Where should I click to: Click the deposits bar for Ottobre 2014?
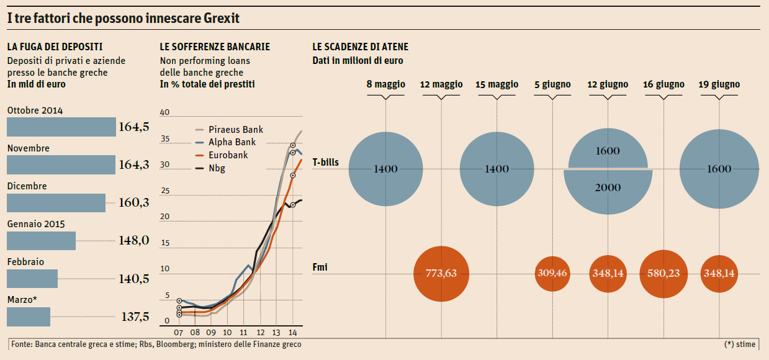[x=61, y=127]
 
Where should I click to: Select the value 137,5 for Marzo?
[x=135, y=317]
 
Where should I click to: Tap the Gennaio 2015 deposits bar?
[x=41, y=241]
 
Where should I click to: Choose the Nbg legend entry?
[x=217, y=168]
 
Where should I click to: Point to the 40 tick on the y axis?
[x=164, y=113]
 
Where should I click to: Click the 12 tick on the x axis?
[x=260, y=332]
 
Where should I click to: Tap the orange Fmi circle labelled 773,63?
[x=441, y=273]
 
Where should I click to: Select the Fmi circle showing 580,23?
[x=663, y=273]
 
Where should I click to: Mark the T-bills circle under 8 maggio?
[x=386, y=169]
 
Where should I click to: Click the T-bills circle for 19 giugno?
[x=718, y=169]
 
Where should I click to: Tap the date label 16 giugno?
[x=663, y=84]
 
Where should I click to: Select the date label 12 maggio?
[x=441, y=84]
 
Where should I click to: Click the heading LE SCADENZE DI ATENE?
[x=360, y=47]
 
